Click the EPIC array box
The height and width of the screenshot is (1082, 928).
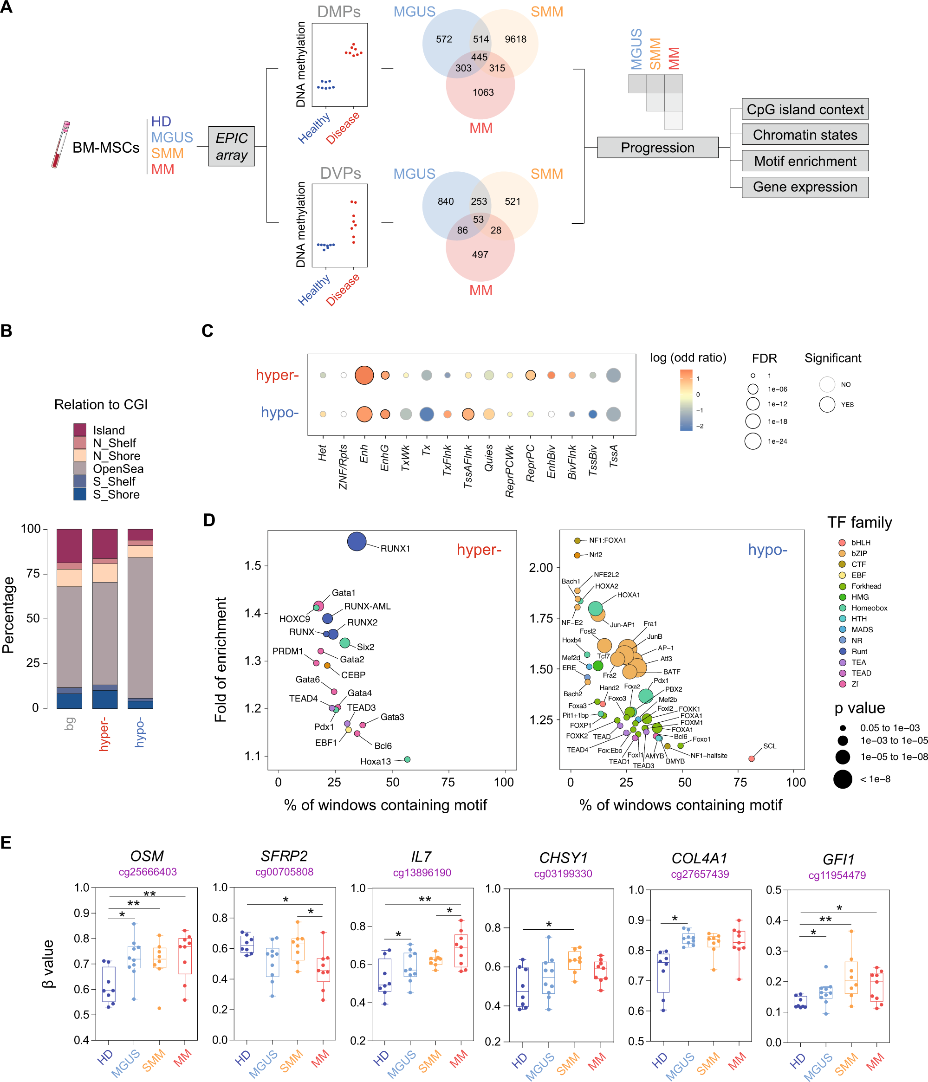pos(231,146)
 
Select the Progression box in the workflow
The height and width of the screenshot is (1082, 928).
pos(657,148)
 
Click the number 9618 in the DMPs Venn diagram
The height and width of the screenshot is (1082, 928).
pos(515,39)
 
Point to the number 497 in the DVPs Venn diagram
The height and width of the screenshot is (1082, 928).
pos(480,255)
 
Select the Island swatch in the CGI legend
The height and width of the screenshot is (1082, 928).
pos(80,430)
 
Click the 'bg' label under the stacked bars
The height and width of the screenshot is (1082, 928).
pos(70,723)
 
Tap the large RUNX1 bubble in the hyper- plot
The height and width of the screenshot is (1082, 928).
pos(357,542)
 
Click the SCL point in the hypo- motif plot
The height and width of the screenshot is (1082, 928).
pos(751,758)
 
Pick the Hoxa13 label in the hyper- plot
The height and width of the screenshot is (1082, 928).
pos(375,761)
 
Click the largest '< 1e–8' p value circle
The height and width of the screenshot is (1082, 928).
pos(843,779)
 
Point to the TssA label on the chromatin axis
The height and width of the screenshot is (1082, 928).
pos(613,456)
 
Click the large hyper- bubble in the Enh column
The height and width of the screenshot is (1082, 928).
pos(364,376)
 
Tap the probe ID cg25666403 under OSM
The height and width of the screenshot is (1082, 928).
pos(147,872)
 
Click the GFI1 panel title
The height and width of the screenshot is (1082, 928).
pos(838,859)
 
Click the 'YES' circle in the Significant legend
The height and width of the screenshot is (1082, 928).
pos(827,404)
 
